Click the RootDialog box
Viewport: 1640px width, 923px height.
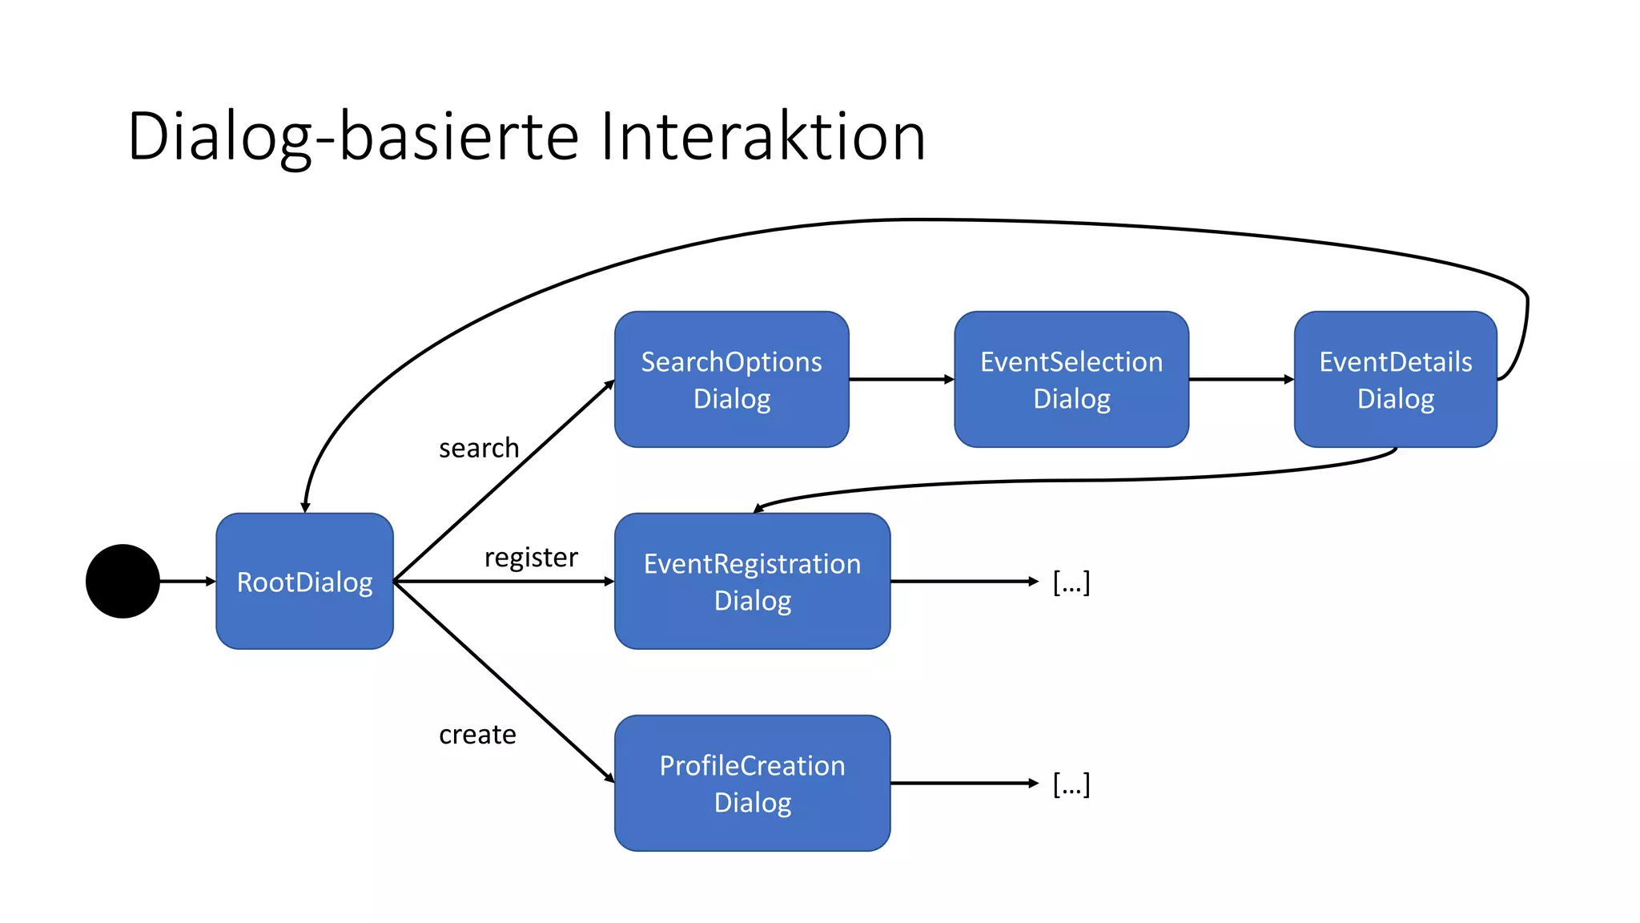click(x=304, y=581)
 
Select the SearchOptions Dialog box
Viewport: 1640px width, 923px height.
click(x=731, y=379)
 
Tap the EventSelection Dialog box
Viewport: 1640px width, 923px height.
click(x=1071, y=379)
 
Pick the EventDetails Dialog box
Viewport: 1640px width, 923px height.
click(x=1395, y=379)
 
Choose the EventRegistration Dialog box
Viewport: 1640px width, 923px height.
click(x=752, y=581)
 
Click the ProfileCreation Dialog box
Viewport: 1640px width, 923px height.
click(x=752, y=783)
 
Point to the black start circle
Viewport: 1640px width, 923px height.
click(x=123, y=581)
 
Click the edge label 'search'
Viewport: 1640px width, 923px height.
click(x=479, y=448)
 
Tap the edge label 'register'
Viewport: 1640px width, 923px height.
click(x=531, y=557)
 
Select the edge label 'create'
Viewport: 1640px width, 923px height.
click(x=477, y=734)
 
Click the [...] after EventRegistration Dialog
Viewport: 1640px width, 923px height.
click(x=1071, y=582)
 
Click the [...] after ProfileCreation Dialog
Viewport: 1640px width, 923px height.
click(x=1071, y=784)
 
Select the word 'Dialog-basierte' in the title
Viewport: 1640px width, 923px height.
click(x=352, y=136)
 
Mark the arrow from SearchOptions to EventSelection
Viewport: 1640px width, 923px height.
click(x=901, y=379)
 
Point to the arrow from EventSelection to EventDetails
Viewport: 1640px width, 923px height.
click(x=1240, y=379)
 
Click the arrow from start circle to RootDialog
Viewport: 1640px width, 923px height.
click(x=187, y=581)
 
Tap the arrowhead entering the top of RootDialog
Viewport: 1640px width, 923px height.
click(x=305, y=507)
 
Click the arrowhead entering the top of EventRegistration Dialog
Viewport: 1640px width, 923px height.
click(x=759, y=508)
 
